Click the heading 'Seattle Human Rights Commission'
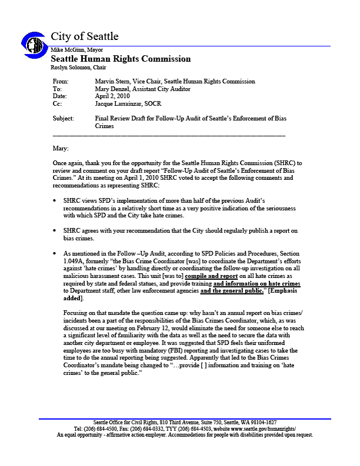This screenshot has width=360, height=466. (x=121, y=59)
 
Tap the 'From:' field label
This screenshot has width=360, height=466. (x=61, y=82)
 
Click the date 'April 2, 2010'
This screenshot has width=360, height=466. (x=116, y=96)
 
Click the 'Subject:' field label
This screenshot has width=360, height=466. (x=64, y=118)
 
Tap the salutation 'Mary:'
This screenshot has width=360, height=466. (x=61, y=148)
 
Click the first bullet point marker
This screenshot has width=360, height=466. (x=55, y=200)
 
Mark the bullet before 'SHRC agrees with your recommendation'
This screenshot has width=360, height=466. (x=55, y=231)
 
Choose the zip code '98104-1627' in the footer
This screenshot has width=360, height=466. (x=262, y=423)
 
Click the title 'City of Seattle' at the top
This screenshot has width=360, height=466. (x=85, y=36)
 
